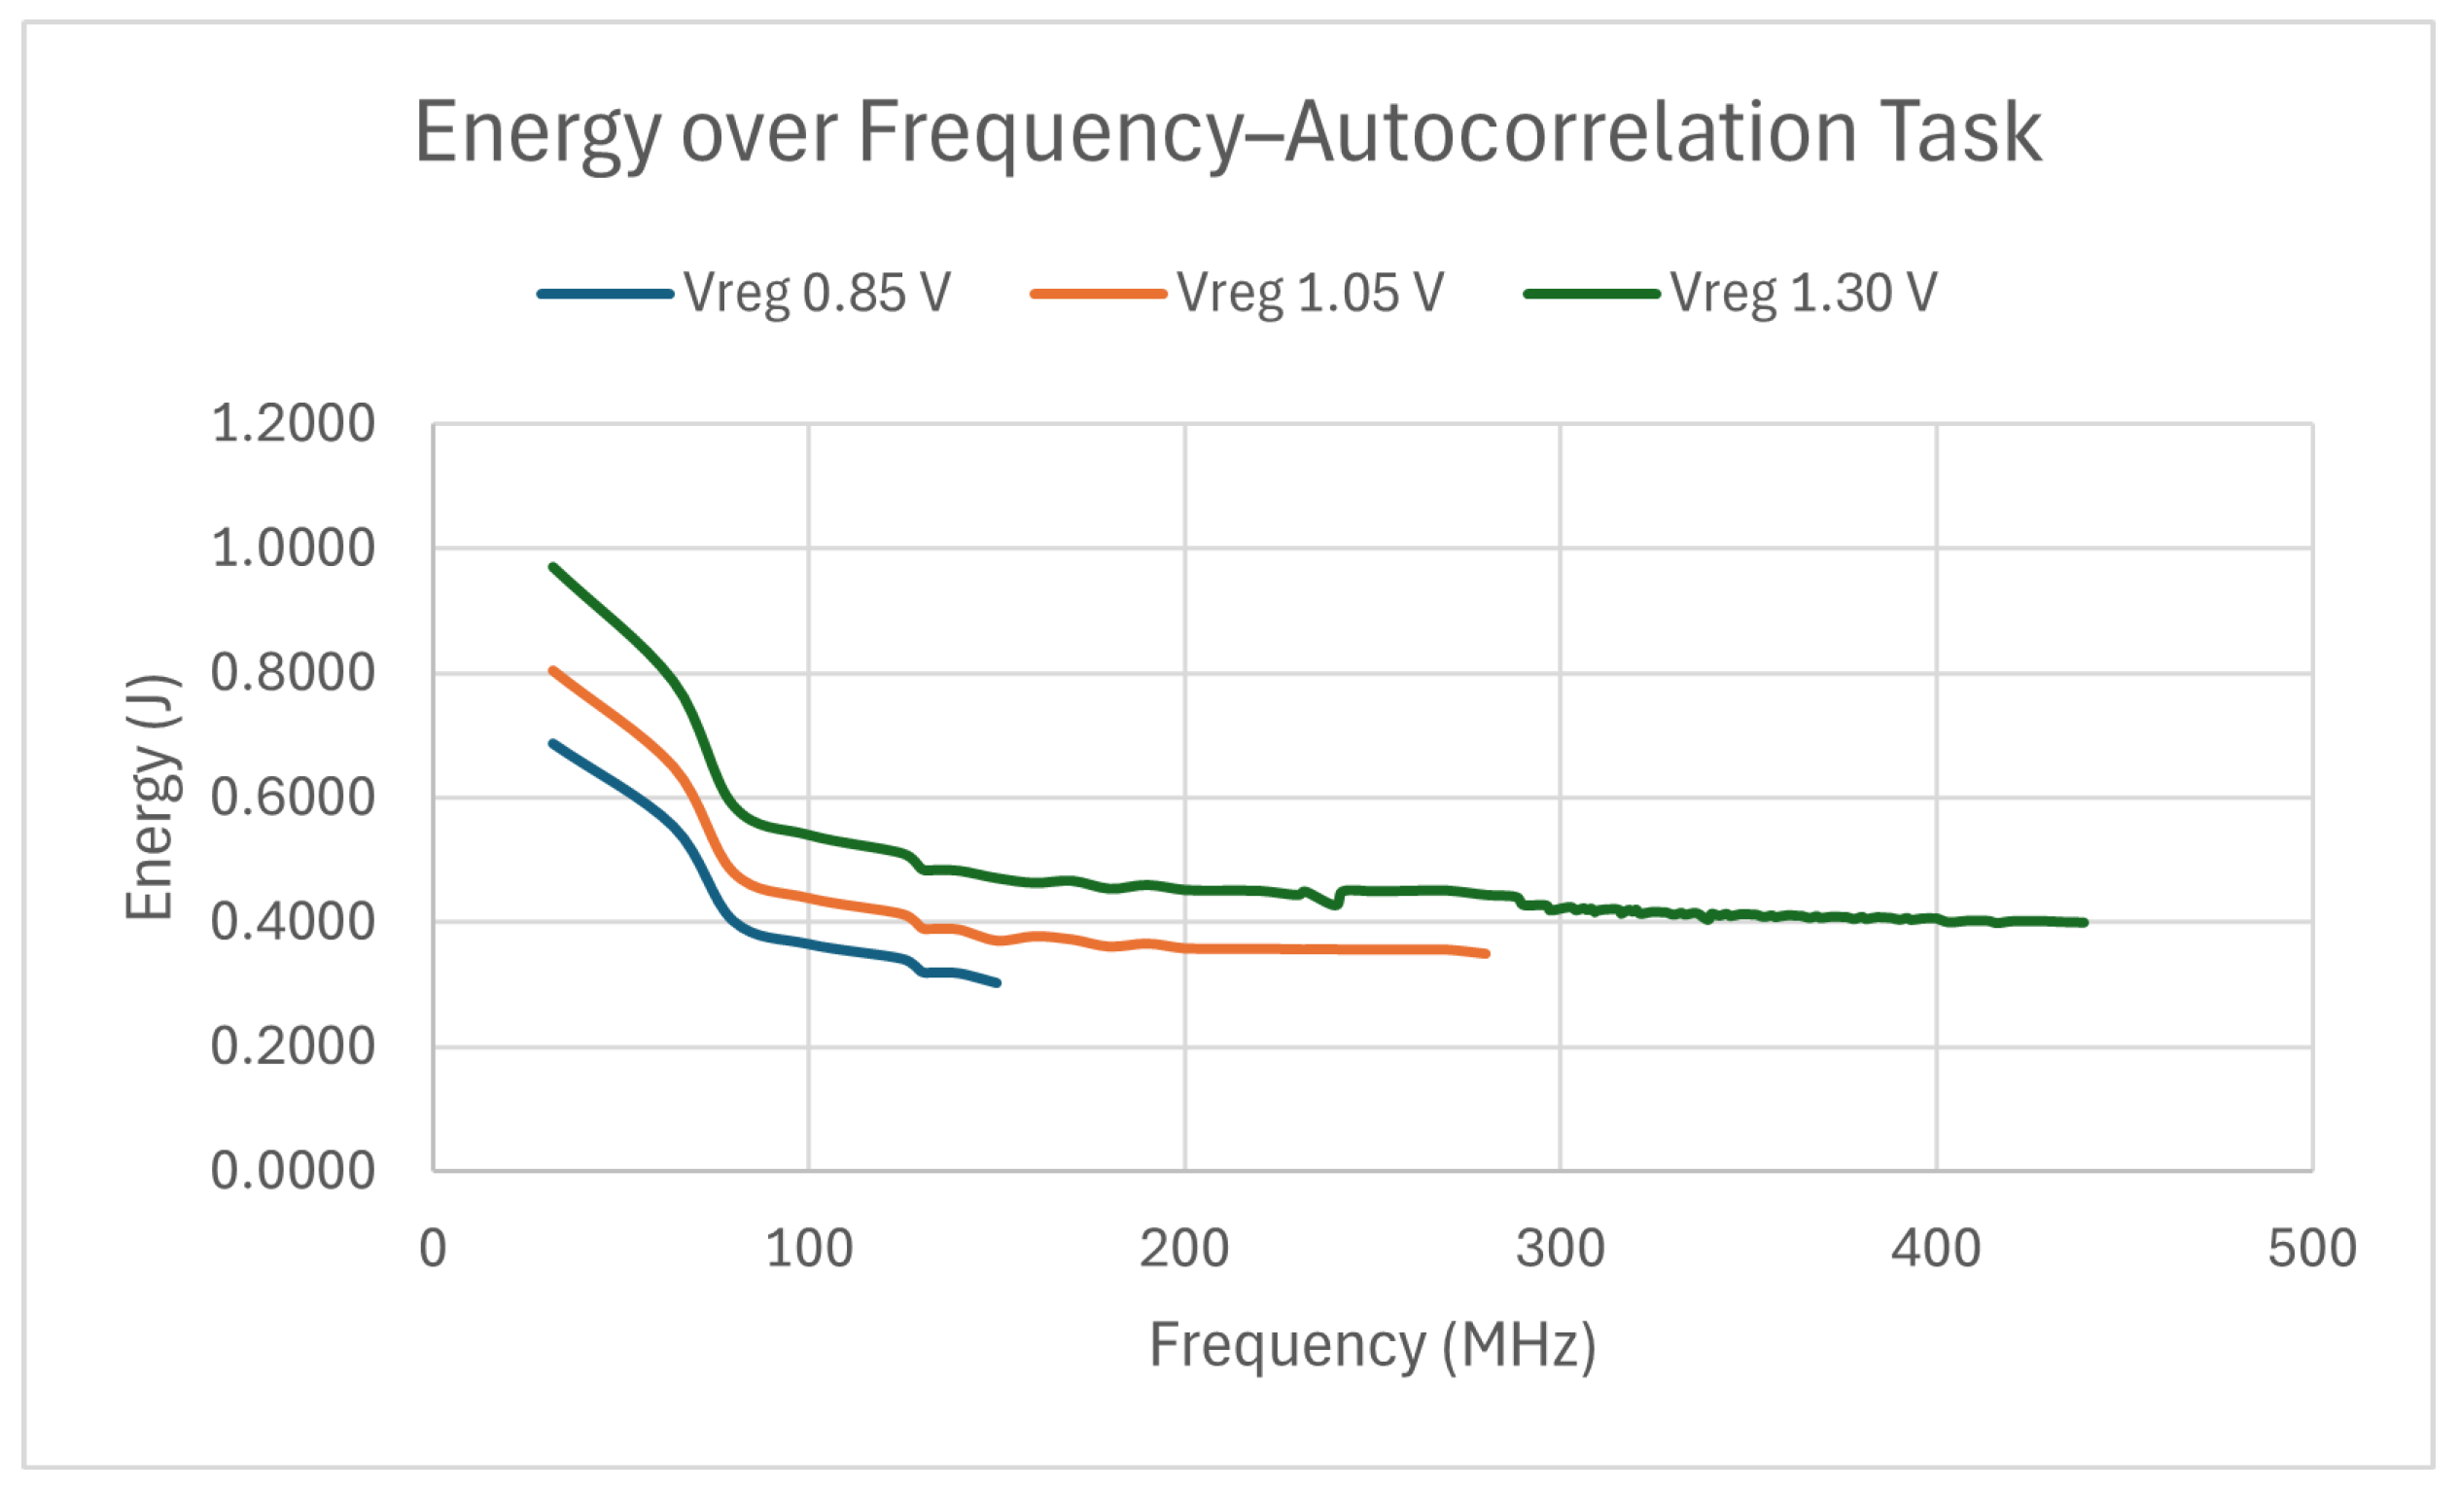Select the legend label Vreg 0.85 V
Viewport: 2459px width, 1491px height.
[x=817, y=294]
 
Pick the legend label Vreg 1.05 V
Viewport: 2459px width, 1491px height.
[x=1310, y=294]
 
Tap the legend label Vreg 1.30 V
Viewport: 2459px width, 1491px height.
[x=1803, y=294]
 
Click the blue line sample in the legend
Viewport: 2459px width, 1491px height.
[x=605, y=295]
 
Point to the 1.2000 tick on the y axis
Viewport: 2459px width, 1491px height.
[x=293, y=423]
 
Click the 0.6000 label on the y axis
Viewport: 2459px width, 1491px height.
[x=293, y=798]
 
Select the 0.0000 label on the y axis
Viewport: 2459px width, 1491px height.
[x=293, y=1171]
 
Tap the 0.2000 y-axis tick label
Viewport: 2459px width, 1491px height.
[x=293, y=1046]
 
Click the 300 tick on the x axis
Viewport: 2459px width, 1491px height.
[x=1560, y=1249]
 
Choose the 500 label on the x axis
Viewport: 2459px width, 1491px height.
[x=2311, y=1249]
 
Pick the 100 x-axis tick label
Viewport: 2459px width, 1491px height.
[x=808, y=1249]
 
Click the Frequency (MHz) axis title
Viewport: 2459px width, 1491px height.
[x=1372, y=1345]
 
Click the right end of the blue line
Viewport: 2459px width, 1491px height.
[x=998, y=983]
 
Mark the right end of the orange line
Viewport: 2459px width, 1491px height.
[x=1486, y=954]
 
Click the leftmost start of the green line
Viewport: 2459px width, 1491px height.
[x=552, y=567]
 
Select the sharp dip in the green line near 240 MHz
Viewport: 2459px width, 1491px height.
[x=1334, y=905]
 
